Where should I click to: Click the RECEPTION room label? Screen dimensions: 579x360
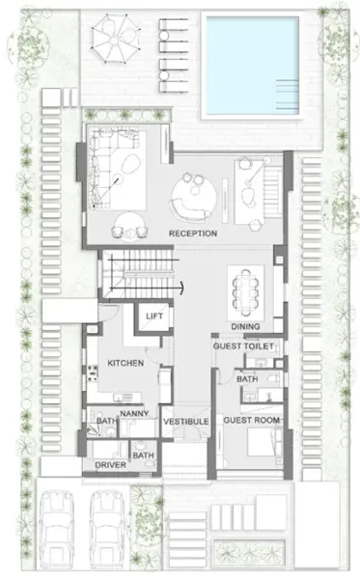pyautogui.click(x=192, y=234)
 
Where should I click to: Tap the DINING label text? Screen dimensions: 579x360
pyautogui.click(x=244, y=326)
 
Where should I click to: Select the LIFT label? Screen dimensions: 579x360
pyautogui.click(x=152, y=317)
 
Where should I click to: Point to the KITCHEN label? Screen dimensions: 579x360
pyautogui.click(x=125, y=363)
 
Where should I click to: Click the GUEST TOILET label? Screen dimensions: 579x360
pyautogui.click(x=246, y=345)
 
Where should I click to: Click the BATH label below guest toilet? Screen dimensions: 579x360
pyautogui.click(x=247, y=379)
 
